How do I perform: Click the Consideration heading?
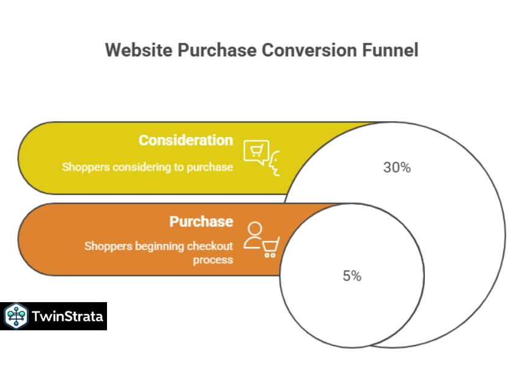click(x=185, y=140)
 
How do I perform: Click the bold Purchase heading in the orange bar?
click(x=201, y=221)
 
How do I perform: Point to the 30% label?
click(x=397, y=167)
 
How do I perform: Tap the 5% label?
click(x=352, y=276)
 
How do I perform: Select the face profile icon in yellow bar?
click(x=275, y=163)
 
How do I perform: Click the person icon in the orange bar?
click(x=254, y=235)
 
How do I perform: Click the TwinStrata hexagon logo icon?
click(x=15, y=316)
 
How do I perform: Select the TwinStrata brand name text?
click(x=67, y=317)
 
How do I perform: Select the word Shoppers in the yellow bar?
click(x=83, y=166)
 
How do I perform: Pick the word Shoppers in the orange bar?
click(x=105, y=247)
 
